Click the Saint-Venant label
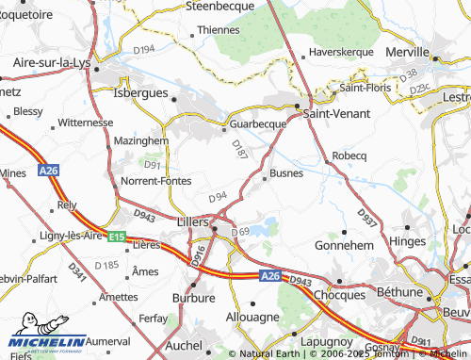pyautogui.click(x=336, y=113)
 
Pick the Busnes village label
pyautogui.click(x=286, y=173)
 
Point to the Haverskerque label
pyautogui.click(x=349, y=52)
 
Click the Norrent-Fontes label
pyautogui.click(x=156, y=181)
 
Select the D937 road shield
pyautogui.click(x=365, y=218)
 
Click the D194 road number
pyautogui.click(x=143, y=48)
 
